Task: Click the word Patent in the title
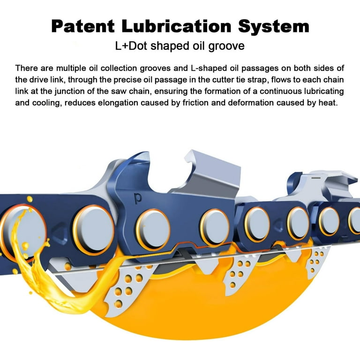[83, 26]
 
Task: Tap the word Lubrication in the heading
[176, 26]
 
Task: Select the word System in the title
[274, 26]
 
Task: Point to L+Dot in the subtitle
[131, 46]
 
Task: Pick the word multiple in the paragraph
[71, 68]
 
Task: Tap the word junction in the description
[70, 91]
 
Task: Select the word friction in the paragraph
[195, 103]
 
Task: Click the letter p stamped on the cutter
[138, 199]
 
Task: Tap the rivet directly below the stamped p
[153, 230]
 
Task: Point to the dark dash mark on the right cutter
[316, 178]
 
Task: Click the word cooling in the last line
[47, 103]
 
